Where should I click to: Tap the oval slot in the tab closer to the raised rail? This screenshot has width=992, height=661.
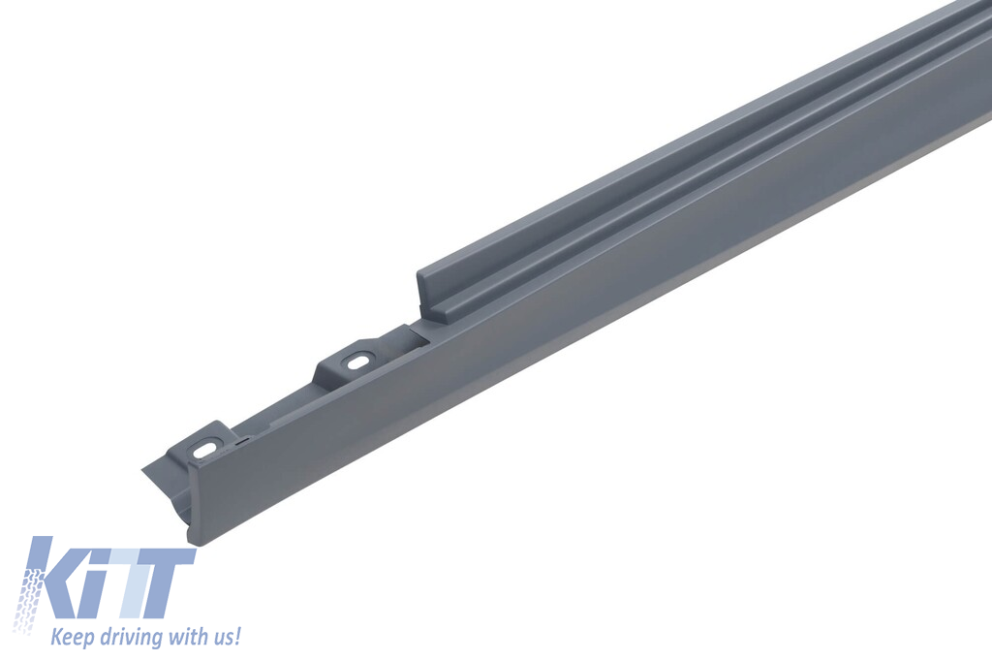pyautogui.click(x=359, y=362)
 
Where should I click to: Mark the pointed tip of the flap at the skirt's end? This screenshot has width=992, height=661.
pyautogui.click(x=144, y=471)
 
